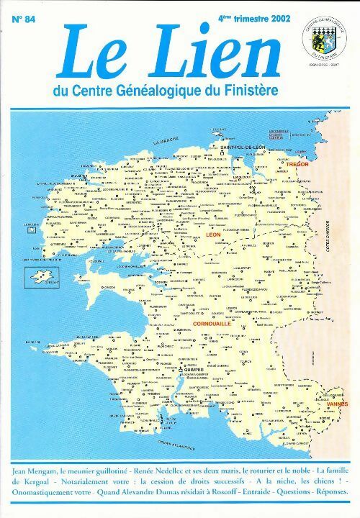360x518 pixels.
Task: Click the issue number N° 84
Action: [x=24, y=21]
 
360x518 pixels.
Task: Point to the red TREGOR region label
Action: [x=297, y=165]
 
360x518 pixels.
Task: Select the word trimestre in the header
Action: [x=240, y=20]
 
